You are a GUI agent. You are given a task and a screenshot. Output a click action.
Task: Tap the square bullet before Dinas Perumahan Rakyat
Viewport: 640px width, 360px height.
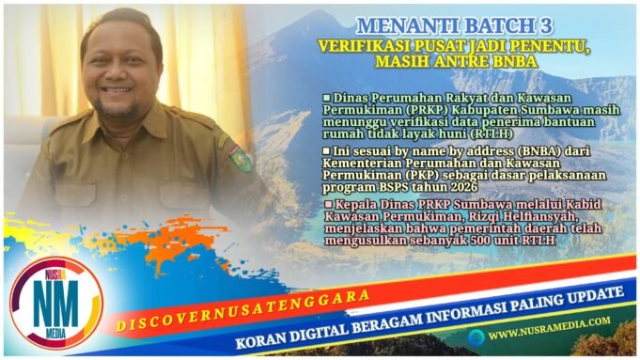pos(326,98)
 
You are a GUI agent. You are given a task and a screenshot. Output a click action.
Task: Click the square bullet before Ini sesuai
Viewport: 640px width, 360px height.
pos(326,150)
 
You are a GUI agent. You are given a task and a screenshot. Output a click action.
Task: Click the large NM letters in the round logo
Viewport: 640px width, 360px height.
pos(54,303)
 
